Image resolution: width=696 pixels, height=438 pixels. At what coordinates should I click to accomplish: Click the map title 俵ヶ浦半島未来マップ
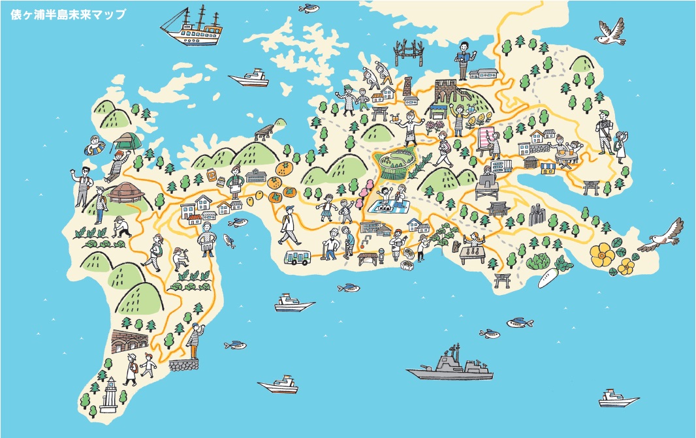click(x=69, y=14)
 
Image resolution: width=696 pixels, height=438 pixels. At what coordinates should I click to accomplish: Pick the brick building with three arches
click(x=129, y=341)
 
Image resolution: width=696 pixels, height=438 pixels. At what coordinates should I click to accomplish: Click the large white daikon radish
click(x=549, y=277)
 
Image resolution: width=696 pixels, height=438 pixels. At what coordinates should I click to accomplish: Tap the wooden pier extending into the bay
click(x=264, y=134)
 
